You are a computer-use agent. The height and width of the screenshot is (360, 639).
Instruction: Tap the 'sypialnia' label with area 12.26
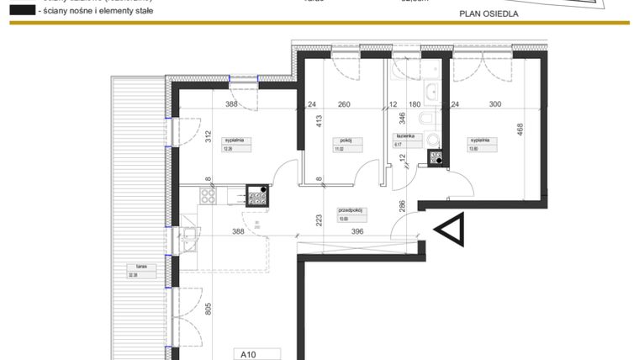click(x=232, y=140)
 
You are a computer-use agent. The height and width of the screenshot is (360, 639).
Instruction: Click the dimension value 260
click(x=344, y=105)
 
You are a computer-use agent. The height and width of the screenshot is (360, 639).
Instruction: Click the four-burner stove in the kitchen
click(x=257, y=196)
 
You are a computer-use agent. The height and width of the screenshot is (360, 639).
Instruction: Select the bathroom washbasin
click(x=432, y=92)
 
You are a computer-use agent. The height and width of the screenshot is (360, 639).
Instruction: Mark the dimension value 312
click(x=206, y=137)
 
